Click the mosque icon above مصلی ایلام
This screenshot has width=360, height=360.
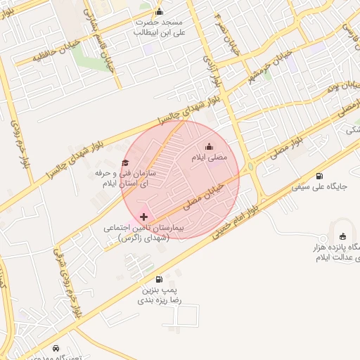coord(208,147)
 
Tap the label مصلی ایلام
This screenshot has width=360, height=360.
coord(210,158)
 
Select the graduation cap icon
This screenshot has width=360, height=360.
coord(126,163)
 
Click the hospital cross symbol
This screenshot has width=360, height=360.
coord(145,217)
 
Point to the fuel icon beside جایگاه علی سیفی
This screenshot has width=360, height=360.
coord(320,176)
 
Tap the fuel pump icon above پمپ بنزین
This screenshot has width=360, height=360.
coord(158,279)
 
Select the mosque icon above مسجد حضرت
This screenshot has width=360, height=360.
coord(159,11)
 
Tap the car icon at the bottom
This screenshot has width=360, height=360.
coord(56,348)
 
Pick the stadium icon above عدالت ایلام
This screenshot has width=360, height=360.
coord(342,237)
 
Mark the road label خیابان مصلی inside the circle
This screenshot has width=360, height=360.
coord(205,198)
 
